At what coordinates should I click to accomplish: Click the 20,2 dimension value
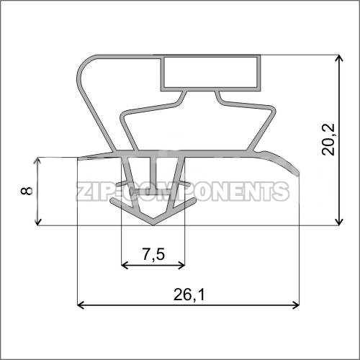[328, 140]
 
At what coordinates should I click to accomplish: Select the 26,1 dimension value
[189, 294]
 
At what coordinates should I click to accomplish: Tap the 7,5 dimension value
[153, 254]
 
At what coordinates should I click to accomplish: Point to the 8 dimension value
[27, 191]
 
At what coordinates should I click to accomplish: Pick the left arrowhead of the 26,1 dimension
[81, 305]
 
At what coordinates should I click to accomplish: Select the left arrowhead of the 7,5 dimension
[125, 266]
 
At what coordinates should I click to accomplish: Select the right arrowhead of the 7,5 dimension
[181, 266]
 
